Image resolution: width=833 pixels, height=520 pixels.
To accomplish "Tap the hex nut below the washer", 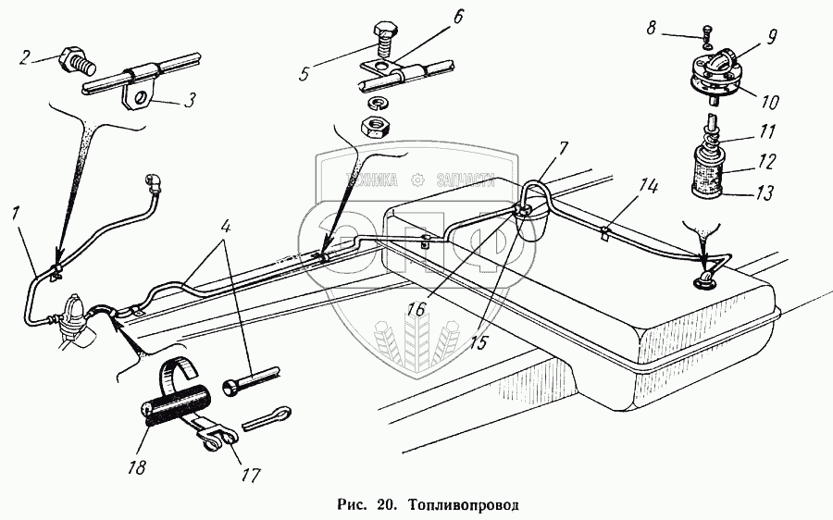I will click(376, 125).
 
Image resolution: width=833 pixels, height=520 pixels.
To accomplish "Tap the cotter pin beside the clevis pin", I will click(268, 417).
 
